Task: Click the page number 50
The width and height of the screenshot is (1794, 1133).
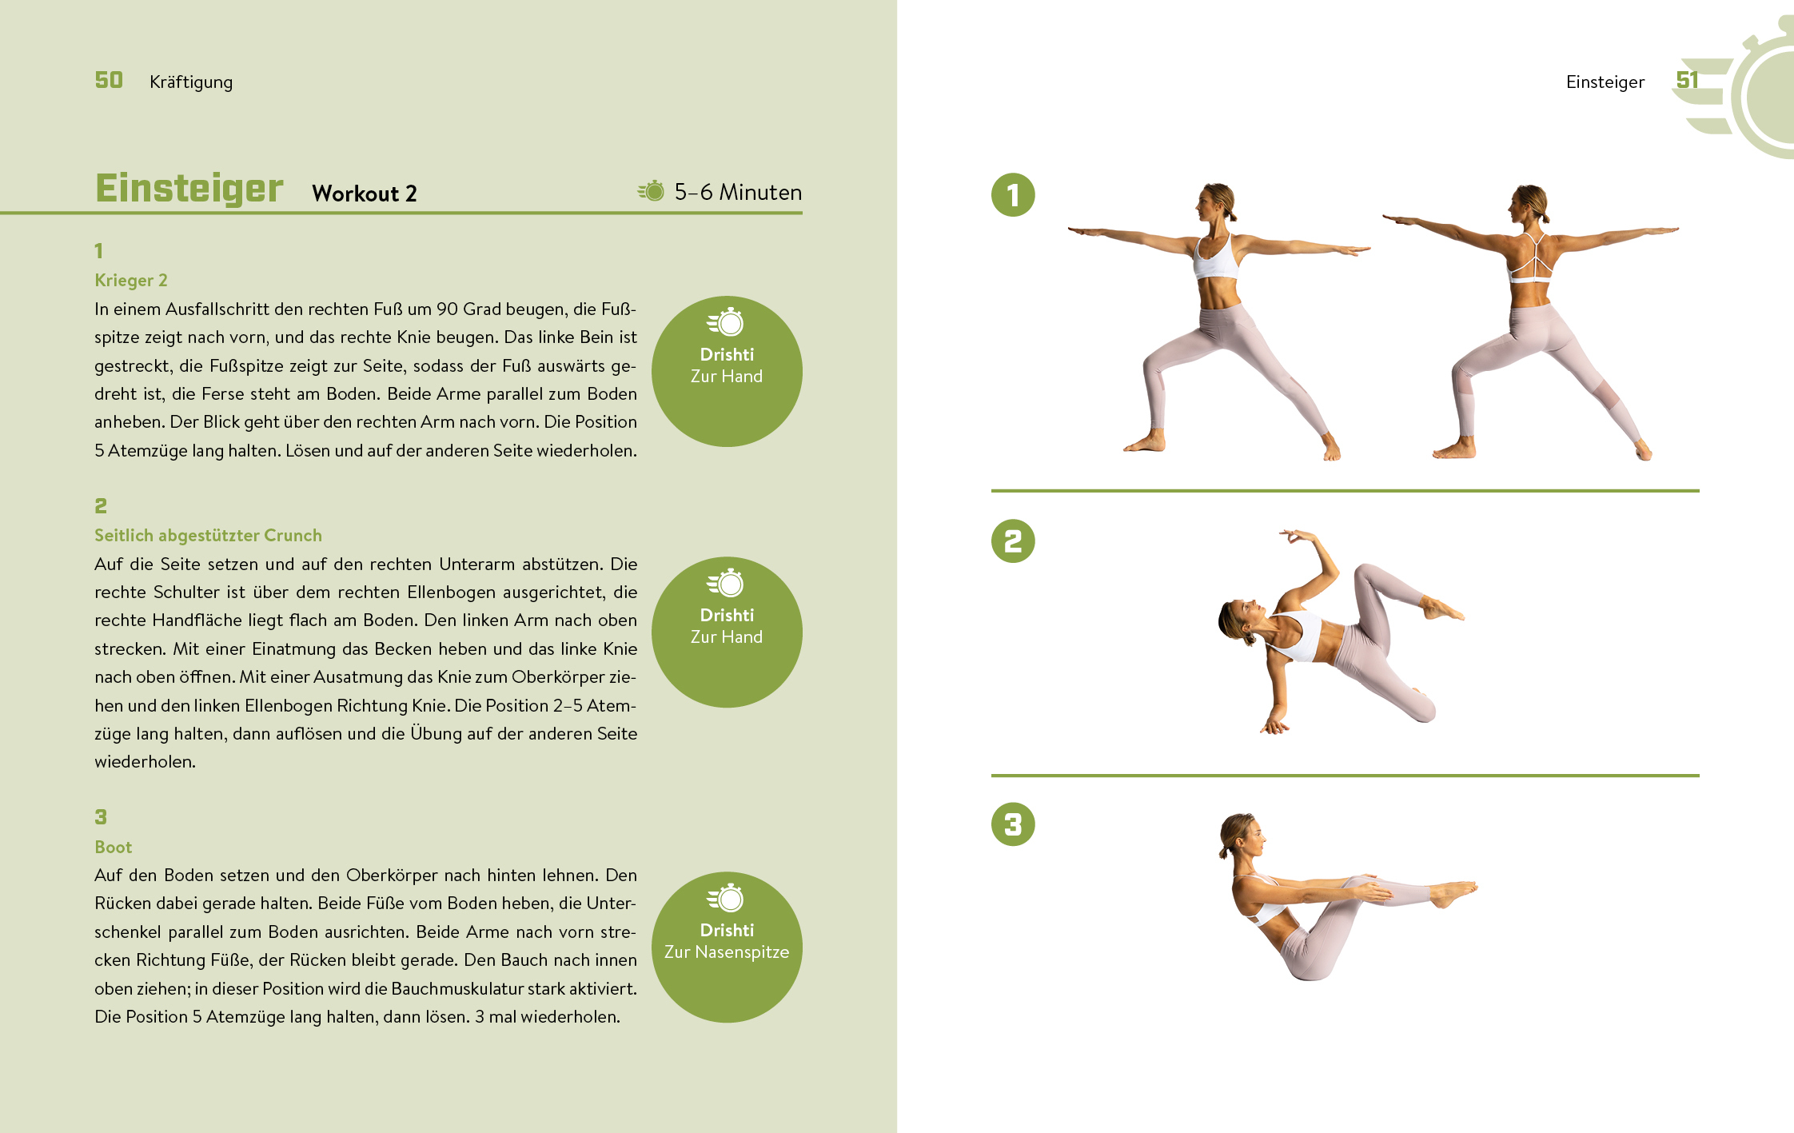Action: coord(109,80)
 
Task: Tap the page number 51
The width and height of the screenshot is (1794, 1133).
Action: coord(1687,80)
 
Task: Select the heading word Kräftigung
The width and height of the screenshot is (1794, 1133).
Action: coord(191,82)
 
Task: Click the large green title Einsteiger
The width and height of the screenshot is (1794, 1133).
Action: coord(189,188)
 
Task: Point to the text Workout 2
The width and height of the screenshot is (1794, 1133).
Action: coord(365,193)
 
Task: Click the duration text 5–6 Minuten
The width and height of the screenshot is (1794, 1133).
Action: coord(738,192)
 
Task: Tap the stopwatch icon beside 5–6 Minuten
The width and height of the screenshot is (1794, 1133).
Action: coord(651,191)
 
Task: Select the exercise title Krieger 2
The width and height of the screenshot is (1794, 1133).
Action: coord(131,280)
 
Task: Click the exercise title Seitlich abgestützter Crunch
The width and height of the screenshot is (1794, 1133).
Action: coord(208,535)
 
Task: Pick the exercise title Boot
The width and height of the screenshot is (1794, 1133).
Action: coord(113,847)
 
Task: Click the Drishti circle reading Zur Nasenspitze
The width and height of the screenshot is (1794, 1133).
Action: coord(727,947)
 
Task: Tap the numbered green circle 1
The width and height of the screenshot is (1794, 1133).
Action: coord(1013,195)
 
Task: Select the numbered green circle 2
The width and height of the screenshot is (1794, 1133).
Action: coord(1013,541)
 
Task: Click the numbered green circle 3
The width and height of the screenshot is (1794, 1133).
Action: coord(1013,824)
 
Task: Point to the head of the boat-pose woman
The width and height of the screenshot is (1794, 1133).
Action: coord(1242,836)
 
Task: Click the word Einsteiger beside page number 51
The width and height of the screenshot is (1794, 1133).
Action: coord(1605,82)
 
